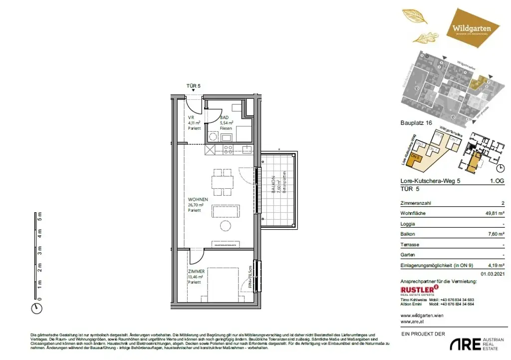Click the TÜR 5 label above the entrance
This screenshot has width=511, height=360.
[x=193, y=86]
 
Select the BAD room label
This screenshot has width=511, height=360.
[x=225, y=118]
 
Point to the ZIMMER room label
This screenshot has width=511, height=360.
[x=197, y=271]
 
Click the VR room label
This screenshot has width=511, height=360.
[x=191, y=118]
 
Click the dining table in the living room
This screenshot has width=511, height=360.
[x=222, y=182]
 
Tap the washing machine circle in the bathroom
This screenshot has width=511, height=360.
[x=213, y=136]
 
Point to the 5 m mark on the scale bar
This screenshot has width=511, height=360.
[x=40, y=216]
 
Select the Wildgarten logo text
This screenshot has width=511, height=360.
[x=471, y=28]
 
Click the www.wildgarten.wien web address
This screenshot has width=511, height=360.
[x=422, y=316]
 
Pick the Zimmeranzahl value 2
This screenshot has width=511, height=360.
[x=502, y=204]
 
